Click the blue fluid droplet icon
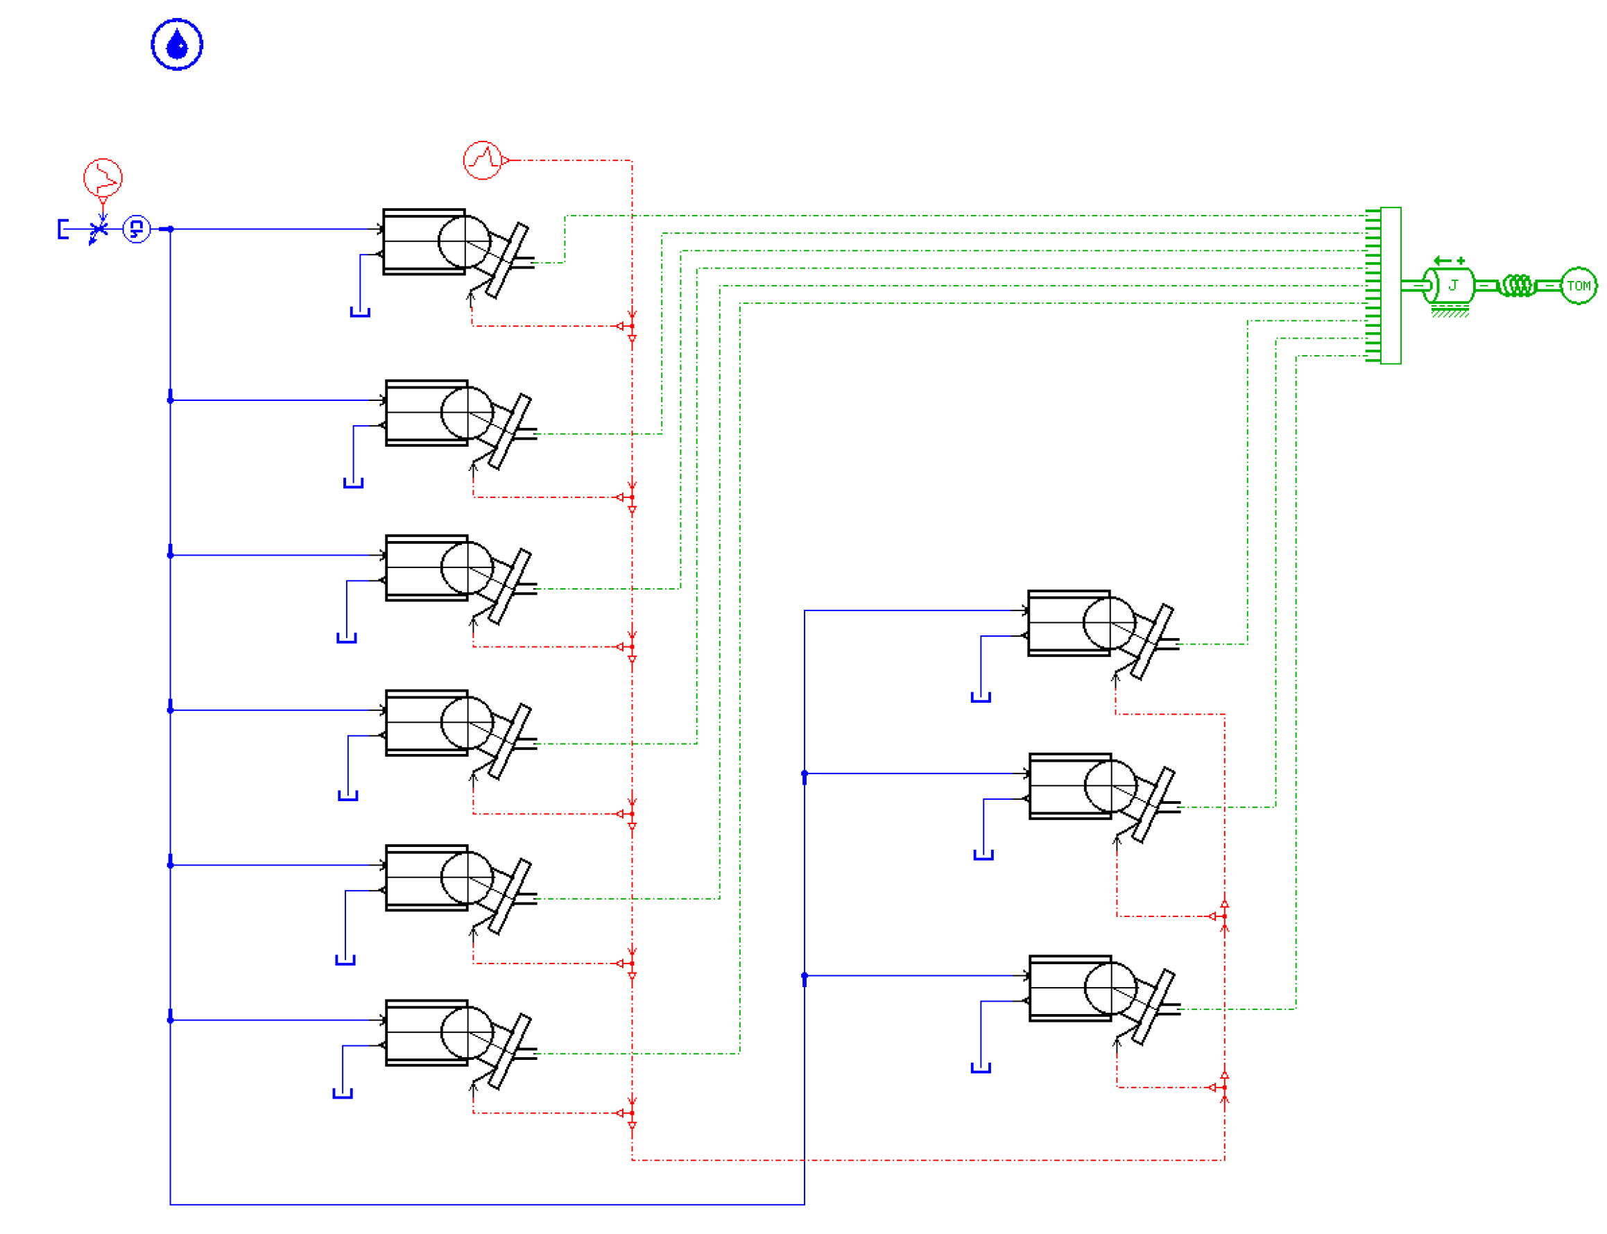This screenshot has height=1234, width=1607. coord(176,45)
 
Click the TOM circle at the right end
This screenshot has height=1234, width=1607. coord(1577,285)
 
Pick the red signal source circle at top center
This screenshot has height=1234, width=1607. coord(483,160)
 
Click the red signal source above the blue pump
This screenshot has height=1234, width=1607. coord(102,178)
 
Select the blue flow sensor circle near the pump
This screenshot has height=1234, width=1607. coord(136,229)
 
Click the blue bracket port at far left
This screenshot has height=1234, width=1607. coord(63,229)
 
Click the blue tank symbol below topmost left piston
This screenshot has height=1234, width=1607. coord(360,312)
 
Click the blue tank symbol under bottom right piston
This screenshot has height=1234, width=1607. coord(981,1068)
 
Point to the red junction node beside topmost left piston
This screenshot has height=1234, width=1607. coord(632,326)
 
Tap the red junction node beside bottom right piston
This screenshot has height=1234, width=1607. coord(1224,1087)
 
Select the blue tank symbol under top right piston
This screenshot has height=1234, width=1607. coord(981,697)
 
